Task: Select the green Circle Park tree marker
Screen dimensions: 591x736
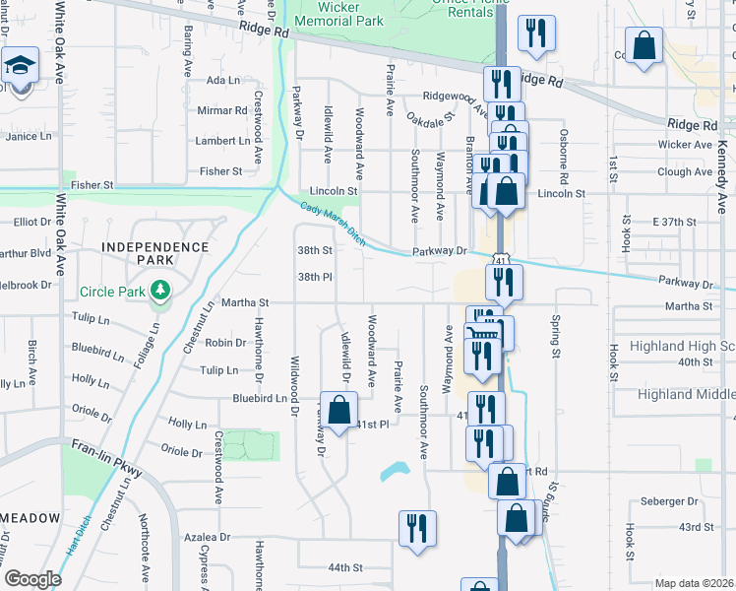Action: pyautogui.click(x=157, y=291)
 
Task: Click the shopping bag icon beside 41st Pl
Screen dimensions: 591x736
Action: pyautogui.click(x=338, y=410)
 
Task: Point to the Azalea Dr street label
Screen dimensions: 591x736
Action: pyautogui.click(x=207, y=538)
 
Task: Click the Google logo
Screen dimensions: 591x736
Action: pyautogui.click(x=33, y=579)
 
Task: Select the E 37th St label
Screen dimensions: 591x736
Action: pyautogui.click(x=674, y=223)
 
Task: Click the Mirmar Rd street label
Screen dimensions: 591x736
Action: pyautogui.click(x=218, y=110)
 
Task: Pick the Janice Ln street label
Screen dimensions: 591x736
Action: pyautogui.click(x=28, y=136)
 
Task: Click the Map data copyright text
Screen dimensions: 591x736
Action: pyautogui.click(x=695, y=583)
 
